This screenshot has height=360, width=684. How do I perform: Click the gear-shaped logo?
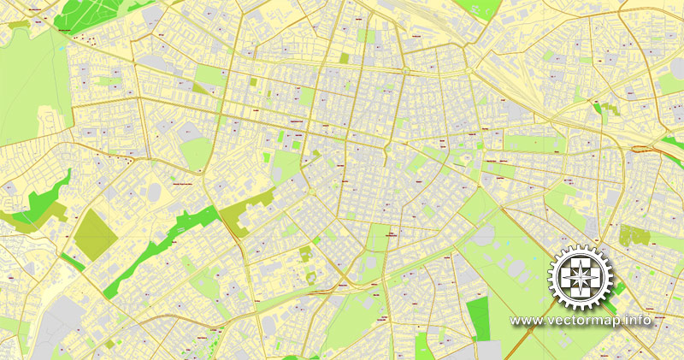[x=581, y=278]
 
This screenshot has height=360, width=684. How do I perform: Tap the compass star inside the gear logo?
[x=581, y=278]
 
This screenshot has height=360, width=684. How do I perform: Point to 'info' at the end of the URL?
[x=639, y=321]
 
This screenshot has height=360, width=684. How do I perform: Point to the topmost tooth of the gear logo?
[x=581, y=247]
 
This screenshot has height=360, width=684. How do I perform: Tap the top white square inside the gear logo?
[x=581, y=263]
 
